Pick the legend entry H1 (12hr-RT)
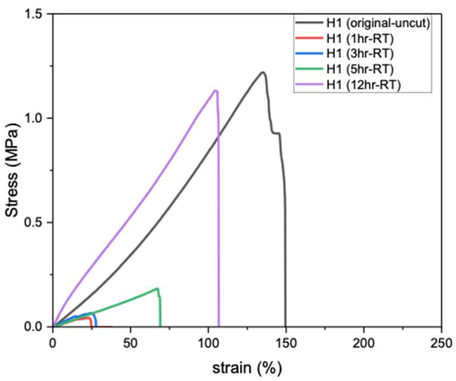coord(363,85)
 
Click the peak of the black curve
coord(263,72)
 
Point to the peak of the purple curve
coord(215,91)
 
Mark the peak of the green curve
coord(157,288)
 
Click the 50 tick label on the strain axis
coord(130,343)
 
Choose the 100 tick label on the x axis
coord(208,343)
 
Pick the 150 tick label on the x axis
coord(286,343)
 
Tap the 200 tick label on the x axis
coord(364,343)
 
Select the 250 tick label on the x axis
coord(441,343)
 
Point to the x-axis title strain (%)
coord(247,368)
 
